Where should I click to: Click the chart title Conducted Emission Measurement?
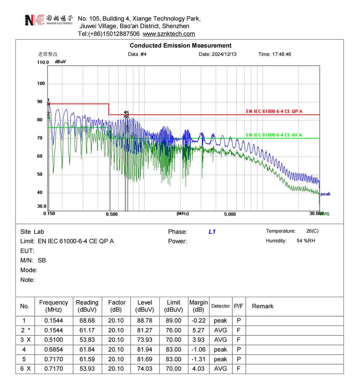click(180, 46)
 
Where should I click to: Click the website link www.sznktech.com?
click(169, 34)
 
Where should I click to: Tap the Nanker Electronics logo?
click(49, 20)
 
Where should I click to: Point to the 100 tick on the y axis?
click(41, 84)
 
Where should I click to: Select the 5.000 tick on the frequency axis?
click(230, 214)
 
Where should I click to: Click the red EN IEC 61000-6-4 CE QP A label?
click(274, 112)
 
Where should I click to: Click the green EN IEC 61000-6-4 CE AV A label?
click(274, 135)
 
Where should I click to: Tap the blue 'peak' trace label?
click(325, 194)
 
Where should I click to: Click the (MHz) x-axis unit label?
click(183, 214)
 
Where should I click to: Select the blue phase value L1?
click(212, 232)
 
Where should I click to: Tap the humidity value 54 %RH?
click(306, 240)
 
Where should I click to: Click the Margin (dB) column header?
click(198, 306)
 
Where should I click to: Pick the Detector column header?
click(220, 306)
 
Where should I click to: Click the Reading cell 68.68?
click(87, 320)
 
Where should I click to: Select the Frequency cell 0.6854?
click(54, 349)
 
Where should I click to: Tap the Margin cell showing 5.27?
click(198, 330)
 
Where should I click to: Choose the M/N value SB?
click(42, 260)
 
